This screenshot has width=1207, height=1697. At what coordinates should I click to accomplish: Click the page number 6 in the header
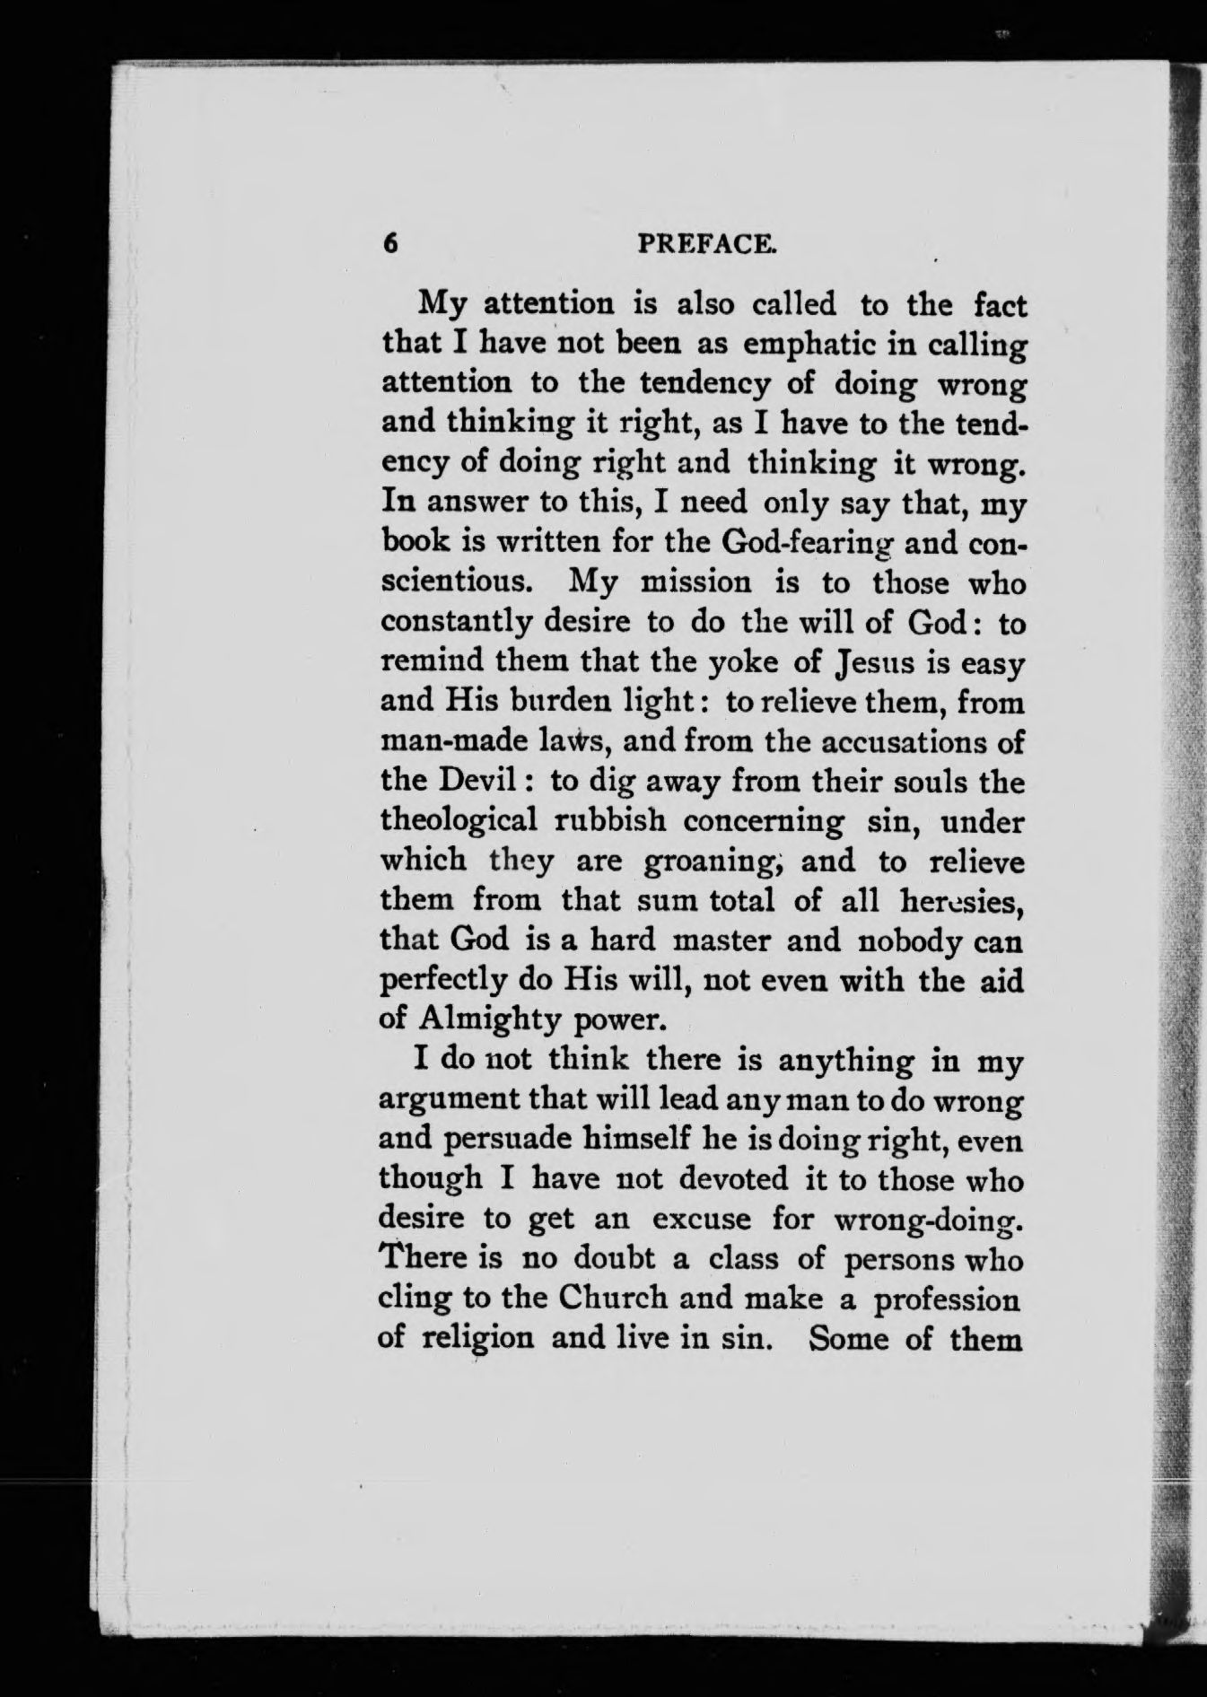tap(389, 245)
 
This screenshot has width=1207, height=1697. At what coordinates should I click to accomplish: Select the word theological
tap(459, 820)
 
